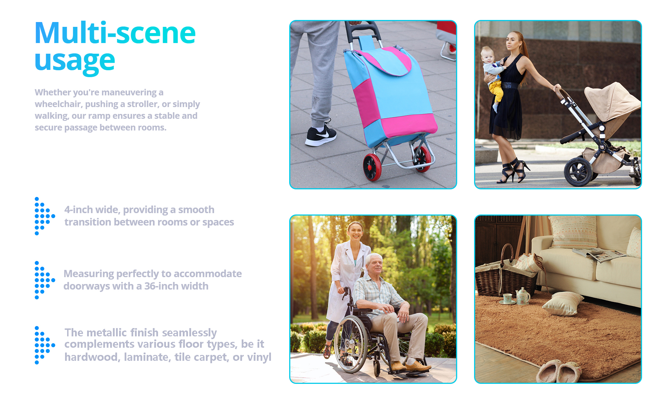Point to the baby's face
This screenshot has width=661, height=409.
pos(488,55)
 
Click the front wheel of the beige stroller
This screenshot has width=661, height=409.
pos(578,171)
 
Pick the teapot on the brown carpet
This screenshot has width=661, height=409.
pos(523,296)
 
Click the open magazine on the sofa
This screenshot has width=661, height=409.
pos(599,254)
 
